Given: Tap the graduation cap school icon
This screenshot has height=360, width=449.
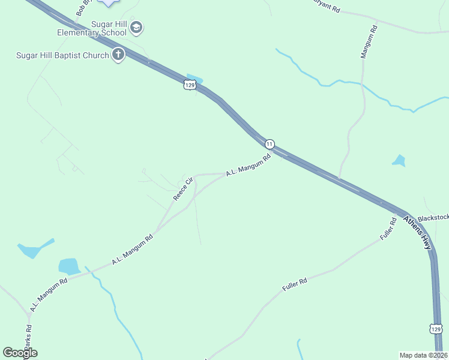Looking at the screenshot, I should [x=137, y=27].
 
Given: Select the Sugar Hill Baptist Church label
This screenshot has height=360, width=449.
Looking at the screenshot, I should [x=62, y=56].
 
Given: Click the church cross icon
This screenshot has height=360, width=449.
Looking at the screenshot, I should [x=118, y=55].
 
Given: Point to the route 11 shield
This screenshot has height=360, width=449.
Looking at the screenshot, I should [x=270, y=144].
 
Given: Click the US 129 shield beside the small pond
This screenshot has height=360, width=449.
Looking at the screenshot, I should [x=190, y=86].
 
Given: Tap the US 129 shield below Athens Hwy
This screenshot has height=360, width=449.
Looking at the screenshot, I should [x=436, y=329].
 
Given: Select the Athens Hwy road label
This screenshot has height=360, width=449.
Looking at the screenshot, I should [x=417, y=233].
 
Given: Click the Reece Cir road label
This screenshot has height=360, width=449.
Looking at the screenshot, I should [x=183, y=188].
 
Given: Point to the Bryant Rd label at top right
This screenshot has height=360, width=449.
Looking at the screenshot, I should [x=327, y=7].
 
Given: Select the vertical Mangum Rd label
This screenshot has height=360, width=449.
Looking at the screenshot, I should [x=367, y=41].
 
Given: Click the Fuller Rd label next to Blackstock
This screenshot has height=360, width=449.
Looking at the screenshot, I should [x=389, y=229].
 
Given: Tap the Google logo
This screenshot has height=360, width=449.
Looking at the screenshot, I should [x=20, y=353].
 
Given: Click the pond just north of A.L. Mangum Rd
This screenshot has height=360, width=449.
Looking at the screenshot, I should [x=69, y=266].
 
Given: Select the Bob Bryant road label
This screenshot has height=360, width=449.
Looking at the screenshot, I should [x=83, y=8].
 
